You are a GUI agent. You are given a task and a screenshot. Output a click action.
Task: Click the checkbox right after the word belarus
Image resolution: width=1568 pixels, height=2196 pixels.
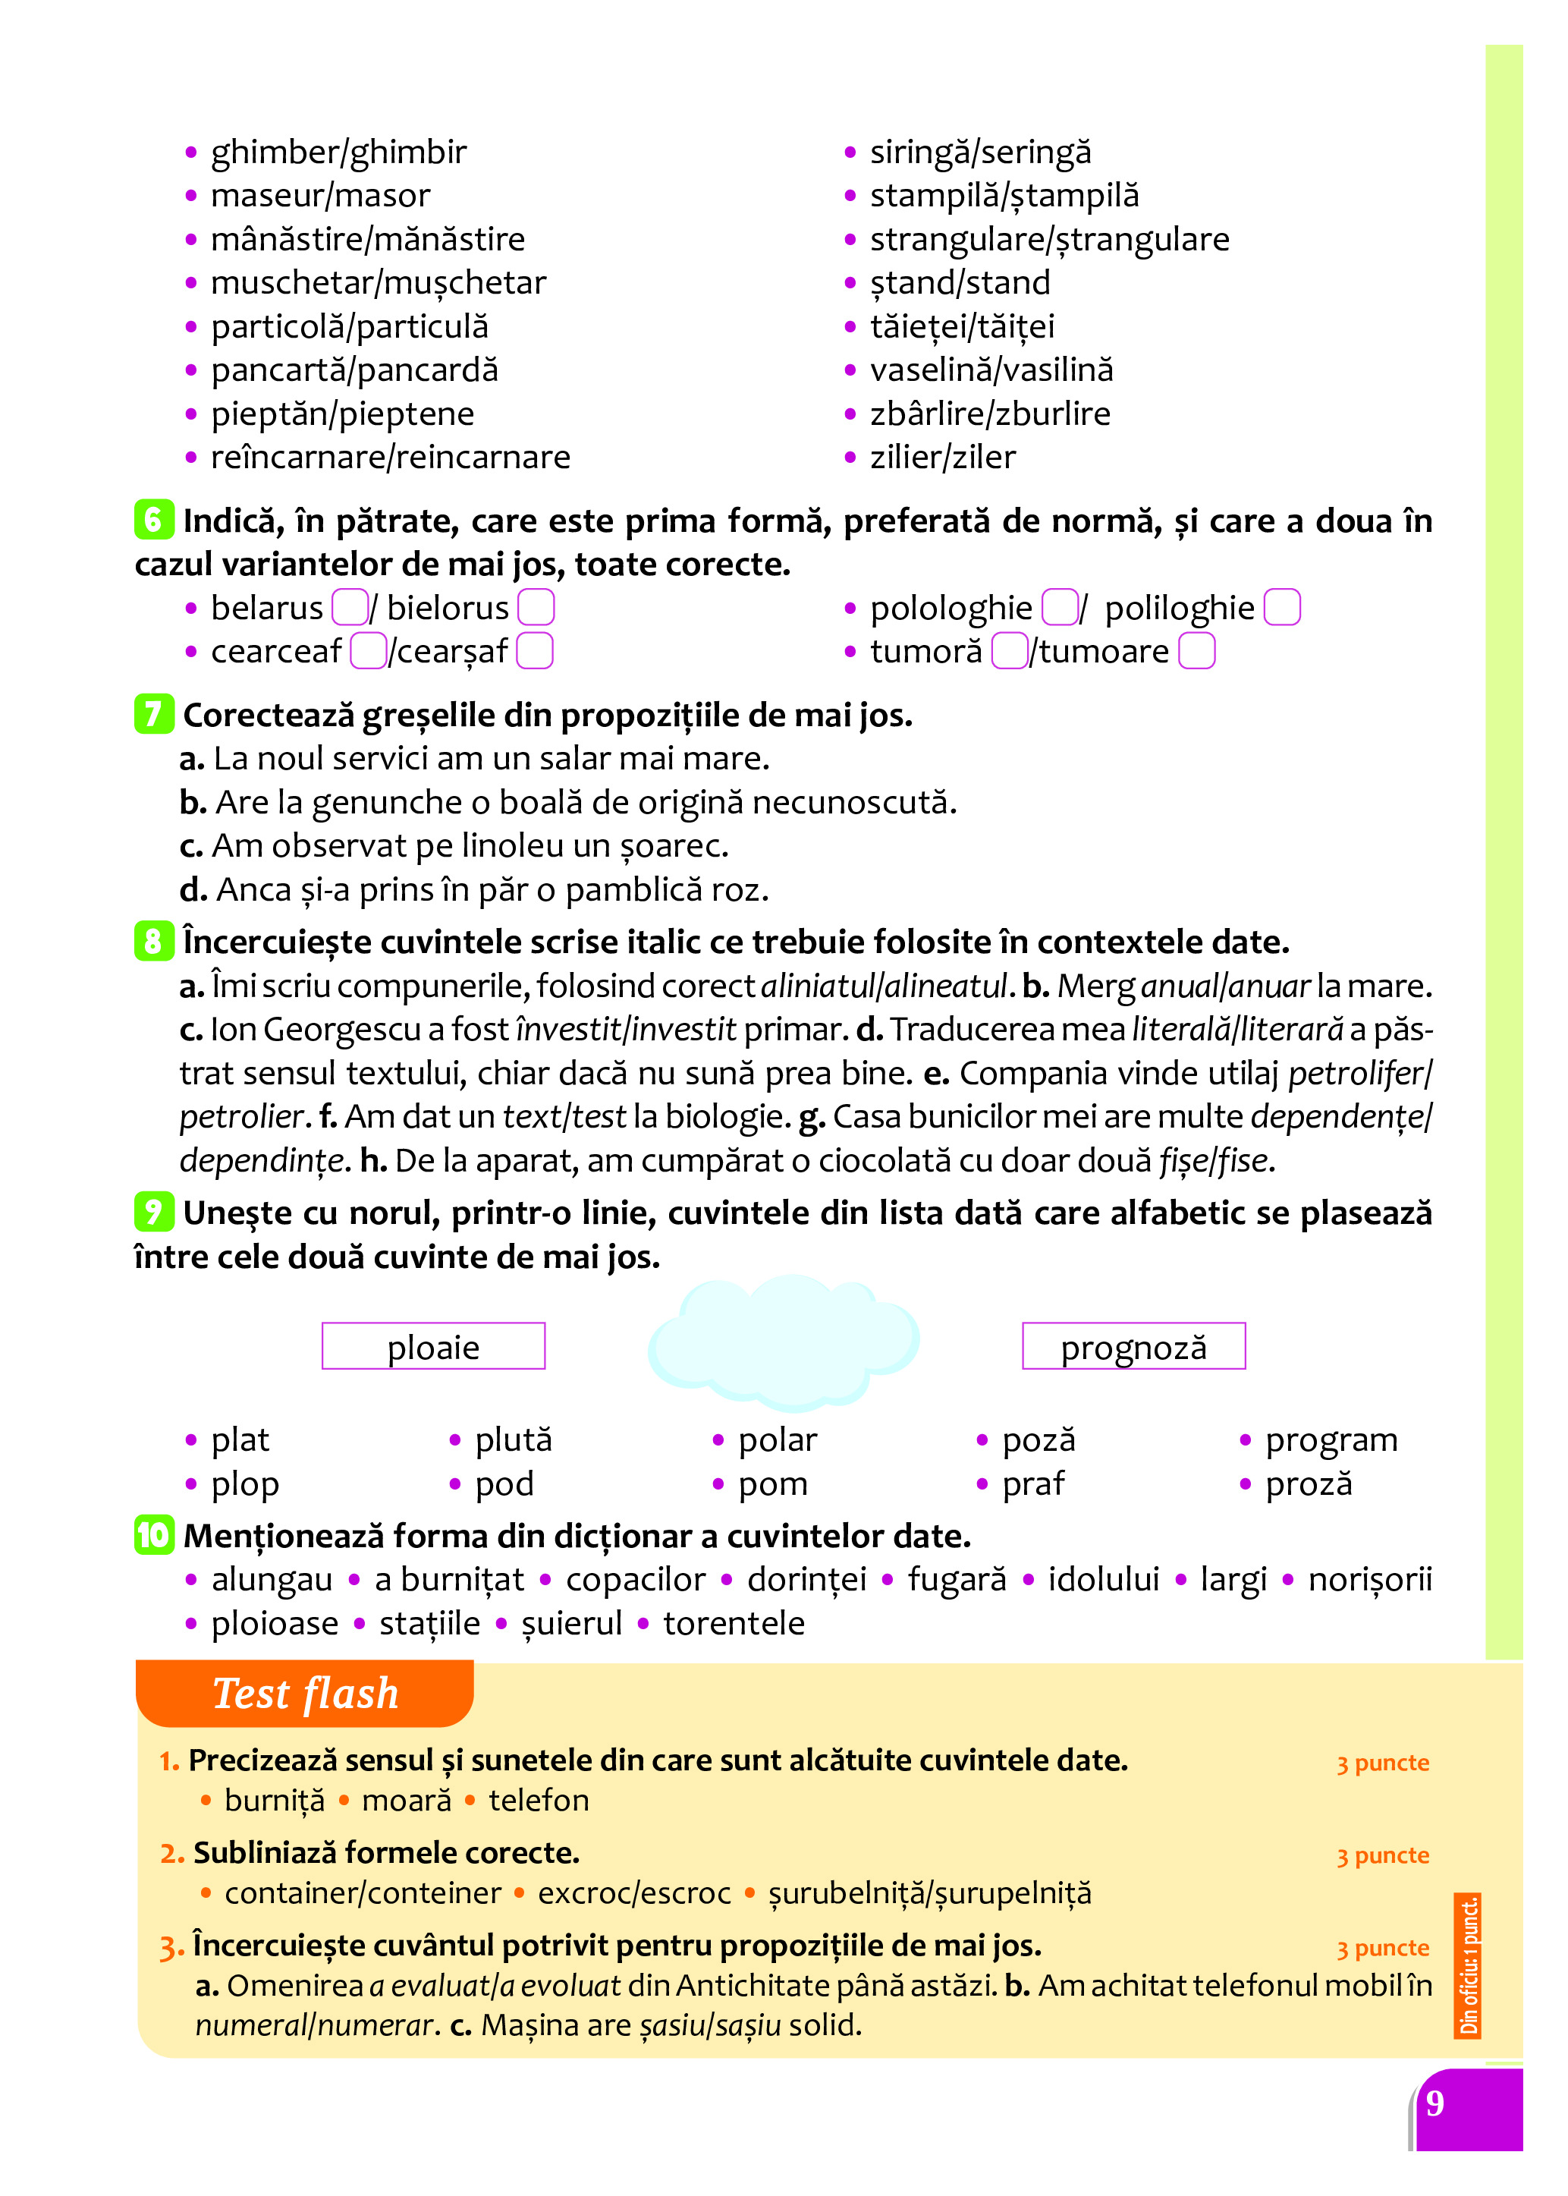click(350, 607)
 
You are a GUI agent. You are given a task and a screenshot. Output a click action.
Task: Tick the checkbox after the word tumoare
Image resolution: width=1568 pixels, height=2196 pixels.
click(1196, 651)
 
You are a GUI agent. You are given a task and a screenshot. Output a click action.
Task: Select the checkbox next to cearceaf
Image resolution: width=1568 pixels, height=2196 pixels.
click(368, 651)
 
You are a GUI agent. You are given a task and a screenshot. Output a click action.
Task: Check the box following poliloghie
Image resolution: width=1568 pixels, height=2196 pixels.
click(1281, 607)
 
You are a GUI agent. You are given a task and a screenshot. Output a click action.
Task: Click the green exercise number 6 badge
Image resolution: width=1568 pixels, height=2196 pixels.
click(153, 520)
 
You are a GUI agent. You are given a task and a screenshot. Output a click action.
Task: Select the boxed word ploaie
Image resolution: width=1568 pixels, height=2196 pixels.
click(433, 1346)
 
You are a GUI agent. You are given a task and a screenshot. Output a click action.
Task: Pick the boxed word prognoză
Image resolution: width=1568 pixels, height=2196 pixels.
click(1133, 1346)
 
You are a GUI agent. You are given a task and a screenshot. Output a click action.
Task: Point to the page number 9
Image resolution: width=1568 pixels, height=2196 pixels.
click(1434, 2103)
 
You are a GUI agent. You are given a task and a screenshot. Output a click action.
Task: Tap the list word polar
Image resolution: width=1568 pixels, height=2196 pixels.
click(778, 1440)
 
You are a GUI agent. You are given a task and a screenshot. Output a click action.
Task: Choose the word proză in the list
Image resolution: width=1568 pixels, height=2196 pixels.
click(1309, 1483)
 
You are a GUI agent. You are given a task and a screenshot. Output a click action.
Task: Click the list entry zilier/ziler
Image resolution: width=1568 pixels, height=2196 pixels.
click(942, 457)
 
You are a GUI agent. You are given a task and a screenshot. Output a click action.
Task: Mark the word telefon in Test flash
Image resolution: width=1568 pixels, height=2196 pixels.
click(539, 1800)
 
